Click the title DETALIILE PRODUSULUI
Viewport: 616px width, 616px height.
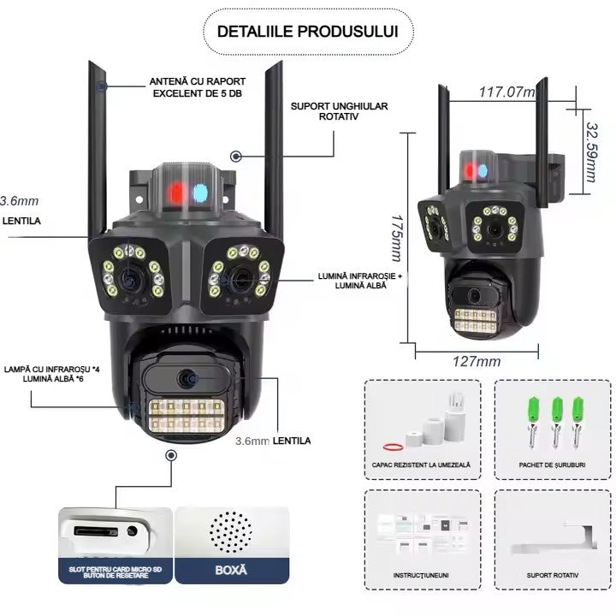tap(307, 33)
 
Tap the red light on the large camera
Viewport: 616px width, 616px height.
tap(175, 191)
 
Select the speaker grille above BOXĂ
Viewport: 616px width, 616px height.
tap(231, 533)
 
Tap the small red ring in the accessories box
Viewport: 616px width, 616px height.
tap(394, 445)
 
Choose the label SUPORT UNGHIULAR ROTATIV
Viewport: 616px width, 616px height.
tap(339, 111)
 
